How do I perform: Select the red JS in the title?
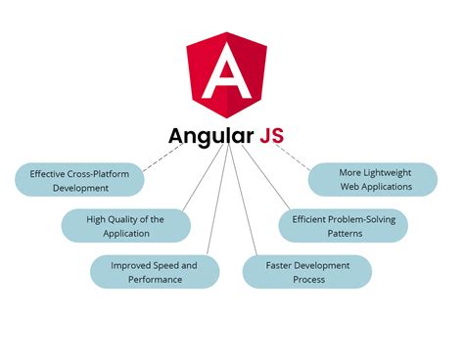pyautogui.click(x=271, y=135)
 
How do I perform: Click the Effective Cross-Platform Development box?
pyautogui.click(x=78, y=180)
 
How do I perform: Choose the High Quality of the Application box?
pyautogui.click(x=125, y=226)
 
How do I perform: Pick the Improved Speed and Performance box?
pyautogui.click(x=154, y=272)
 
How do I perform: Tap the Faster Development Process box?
pyautogui.click(x=306, y=272)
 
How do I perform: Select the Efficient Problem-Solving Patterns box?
pyautogui.click(x=343, y=226)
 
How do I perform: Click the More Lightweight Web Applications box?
pyautogui.click(x=374, y=179)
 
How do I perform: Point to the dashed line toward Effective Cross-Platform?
pyautogui.click(x=162, y=158)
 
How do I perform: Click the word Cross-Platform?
pyautogui.click(x=97, y=173)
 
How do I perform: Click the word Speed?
pyautogui.click(x=163, y=265)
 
